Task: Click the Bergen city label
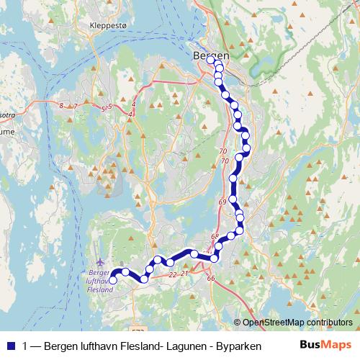point(211,55)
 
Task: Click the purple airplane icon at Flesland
point(99,262)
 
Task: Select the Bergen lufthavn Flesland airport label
point(100,282)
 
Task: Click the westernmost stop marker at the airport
point(112,281)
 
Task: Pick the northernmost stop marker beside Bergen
point(212,60)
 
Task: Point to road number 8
point(61,106)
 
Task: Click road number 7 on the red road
point(75,107)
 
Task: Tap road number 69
point(222,202)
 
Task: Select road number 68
point(215,236)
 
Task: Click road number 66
point(210,278)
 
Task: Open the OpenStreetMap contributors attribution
point(297,323)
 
